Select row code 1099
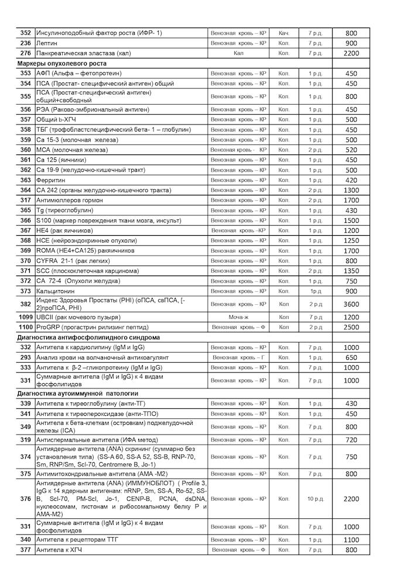26,317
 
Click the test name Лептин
47,43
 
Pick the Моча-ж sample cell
238,317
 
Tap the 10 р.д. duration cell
316,499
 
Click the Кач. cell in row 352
284,33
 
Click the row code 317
26,201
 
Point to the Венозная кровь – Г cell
238,357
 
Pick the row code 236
26,43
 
